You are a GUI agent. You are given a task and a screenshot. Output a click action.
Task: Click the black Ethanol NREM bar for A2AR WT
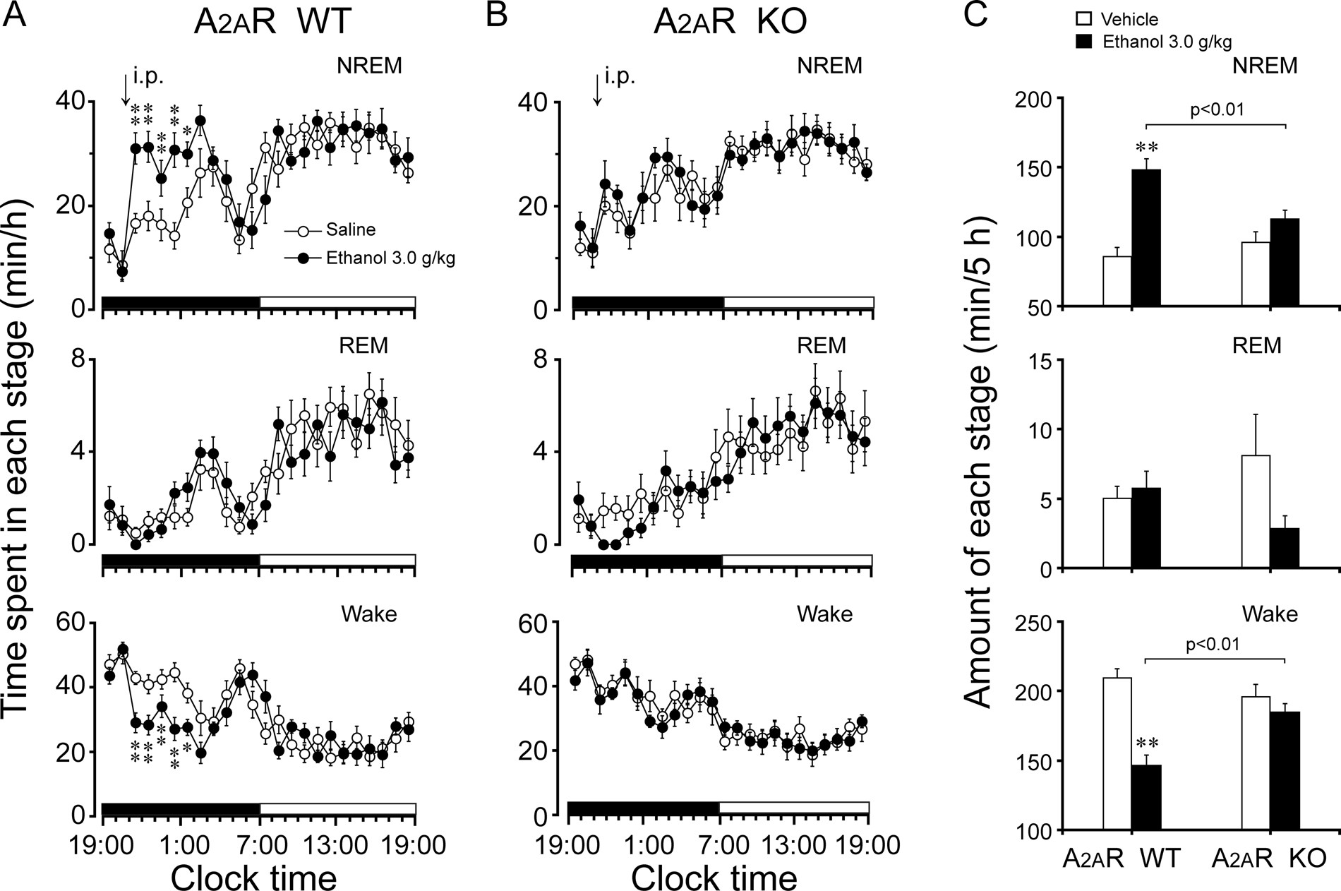click(1146, 237)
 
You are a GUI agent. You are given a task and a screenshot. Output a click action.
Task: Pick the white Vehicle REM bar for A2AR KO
click(1256, 512)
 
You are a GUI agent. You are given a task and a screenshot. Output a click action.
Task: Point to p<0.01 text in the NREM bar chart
click(1215, 109)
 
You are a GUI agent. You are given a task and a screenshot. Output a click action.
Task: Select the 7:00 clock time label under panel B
click(720, 844)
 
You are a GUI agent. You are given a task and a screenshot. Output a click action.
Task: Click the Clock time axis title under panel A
click(254, 878)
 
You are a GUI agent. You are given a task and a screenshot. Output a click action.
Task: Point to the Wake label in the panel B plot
click(824, 614)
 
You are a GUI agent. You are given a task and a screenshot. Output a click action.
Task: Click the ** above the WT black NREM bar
click(1146, 148)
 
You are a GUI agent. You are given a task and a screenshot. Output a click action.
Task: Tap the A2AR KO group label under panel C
click(1269, 858)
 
